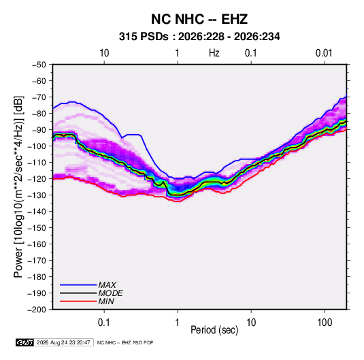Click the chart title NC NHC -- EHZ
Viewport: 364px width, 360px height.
point(199,19)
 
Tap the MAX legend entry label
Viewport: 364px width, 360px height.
point(107,284)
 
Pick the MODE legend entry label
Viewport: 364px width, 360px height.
point(110,293)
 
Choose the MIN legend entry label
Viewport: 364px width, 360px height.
point(106,301)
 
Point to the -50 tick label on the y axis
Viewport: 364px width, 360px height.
point(39,65)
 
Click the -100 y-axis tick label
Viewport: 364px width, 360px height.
point(37,146)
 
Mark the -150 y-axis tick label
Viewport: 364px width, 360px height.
point(37,228)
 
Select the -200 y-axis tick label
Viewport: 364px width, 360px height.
point(37,310)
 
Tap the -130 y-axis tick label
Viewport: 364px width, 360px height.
point(37,195)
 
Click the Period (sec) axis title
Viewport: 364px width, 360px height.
point(214,330)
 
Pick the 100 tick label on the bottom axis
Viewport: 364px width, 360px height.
point(325,323)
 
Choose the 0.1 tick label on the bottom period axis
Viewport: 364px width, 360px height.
point(104,323)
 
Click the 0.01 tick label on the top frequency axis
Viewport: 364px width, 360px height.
point(324,53)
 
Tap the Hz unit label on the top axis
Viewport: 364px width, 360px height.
point(214,53)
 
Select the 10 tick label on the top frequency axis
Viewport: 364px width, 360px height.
point(104,53)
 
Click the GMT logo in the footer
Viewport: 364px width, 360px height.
point(25,342)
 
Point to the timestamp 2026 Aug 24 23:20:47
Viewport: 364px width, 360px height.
point(63,342)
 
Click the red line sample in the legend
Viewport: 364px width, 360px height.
point(78,301)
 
